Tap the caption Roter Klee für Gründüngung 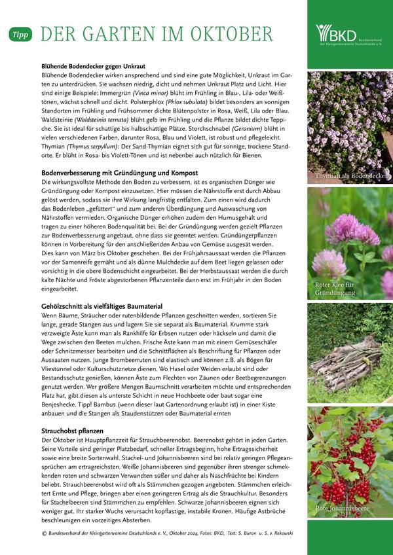click(334, 288)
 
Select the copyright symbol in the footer click(44, 533)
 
